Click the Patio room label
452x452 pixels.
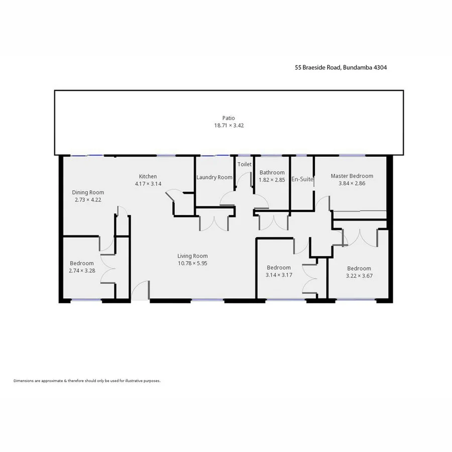point(229,118)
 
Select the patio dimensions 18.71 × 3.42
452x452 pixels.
point(229,126)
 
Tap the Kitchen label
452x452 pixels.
point(148,176)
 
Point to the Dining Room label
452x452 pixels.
point(88,192)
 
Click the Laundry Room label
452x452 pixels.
point(214,177)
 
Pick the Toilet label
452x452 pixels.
point(245,164)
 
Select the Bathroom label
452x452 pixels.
point(272,173)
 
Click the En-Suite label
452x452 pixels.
point(302,179)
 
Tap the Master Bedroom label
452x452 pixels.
point(352,176)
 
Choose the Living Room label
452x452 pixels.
point(192,256)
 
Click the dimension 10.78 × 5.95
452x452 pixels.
point(192,263)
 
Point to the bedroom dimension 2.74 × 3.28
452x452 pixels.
point(82,271)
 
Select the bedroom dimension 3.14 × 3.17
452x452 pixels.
point(279,275)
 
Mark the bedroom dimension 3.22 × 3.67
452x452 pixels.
point(359,276)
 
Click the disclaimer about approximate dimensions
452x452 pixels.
point(87,381)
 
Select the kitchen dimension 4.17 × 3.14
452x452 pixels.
point(148,184)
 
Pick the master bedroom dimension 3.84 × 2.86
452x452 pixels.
point(352,184)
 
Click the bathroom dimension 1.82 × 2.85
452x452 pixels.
point(272,180)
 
